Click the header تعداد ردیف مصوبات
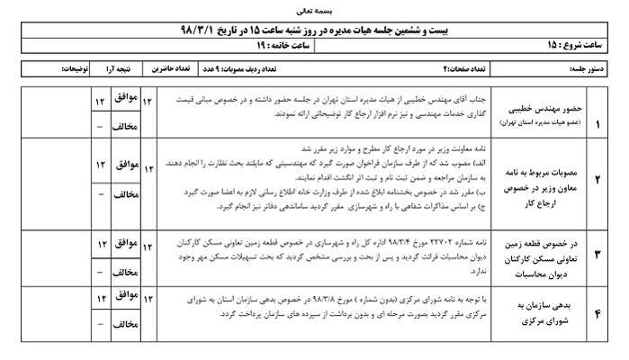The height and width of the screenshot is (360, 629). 288,68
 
